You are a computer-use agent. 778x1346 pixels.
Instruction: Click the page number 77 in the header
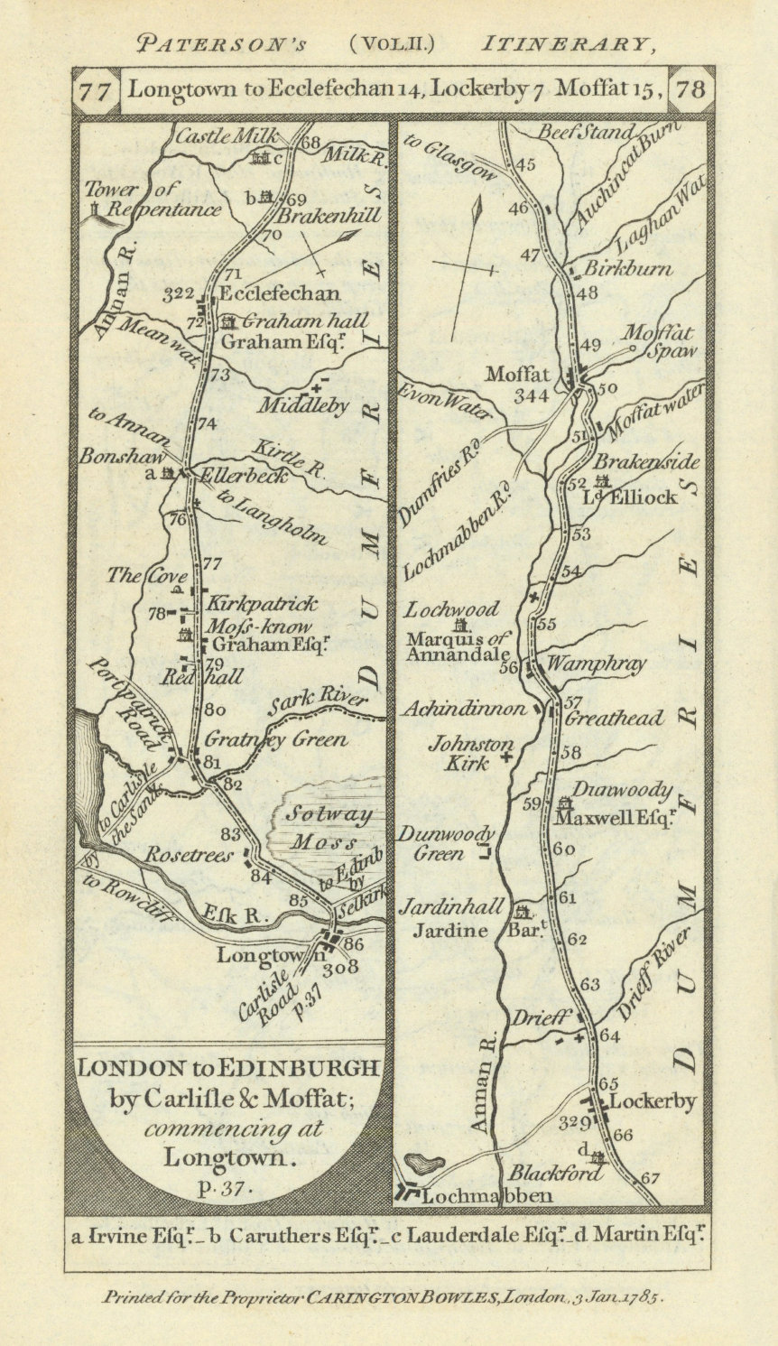click(x=96, y=90)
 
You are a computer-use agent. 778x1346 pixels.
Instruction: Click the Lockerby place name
click(x=653, y=1101)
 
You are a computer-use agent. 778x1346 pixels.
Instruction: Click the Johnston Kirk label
click(x=471, y=754)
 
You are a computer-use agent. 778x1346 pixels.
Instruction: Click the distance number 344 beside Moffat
click(x=531, y=395)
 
